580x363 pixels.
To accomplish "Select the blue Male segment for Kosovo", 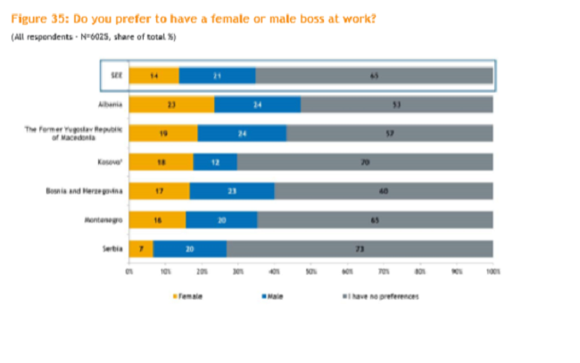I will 215,161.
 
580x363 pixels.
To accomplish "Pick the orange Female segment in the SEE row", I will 153,76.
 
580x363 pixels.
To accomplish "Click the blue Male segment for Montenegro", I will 221,219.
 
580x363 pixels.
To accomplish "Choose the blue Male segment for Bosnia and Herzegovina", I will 231,190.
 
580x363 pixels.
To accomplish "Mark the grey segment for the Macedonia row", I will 390,133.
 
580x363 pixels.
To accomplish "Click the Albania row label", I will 109,104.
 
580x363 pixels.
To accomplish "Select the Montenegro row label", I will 105,219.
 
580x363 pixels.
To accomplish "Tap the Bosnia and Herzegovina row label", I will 87,190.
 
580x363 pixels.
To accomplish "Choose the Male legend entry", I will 273,294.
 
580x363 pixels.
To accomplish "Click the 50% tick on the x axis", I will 311,268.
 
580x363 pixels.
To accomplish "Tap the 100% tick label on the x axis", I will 493,268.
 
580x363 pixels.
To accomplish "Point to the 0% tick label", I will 129,268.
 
